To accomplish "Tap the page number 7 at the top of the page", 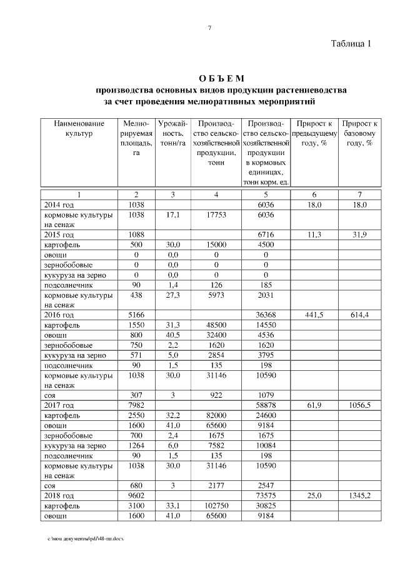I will pos(209,28).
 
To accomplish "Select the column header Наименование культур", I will pos(78,129).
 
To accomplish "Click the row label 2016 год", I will pos(59,315).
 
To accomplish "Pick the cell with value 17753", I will pos(216,215).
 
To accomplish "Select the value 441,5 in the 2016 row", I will pos(313,315).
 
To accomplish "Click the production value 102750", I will pos(216,505).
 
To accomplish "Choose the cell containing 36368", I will pos(266,315).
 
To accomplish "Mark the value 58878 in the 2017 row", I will pos(266,405).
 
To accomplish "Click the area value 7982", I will pos(136,405).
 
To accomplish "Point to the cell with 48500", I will pos(216,325).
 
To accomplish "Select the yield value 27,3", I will pos(172,295).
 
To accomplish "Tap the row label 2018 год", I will pos(59,495).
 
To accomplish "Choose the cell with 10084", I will pos(266,445).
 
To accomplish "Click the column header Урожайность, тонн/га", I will pos(172,134).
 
